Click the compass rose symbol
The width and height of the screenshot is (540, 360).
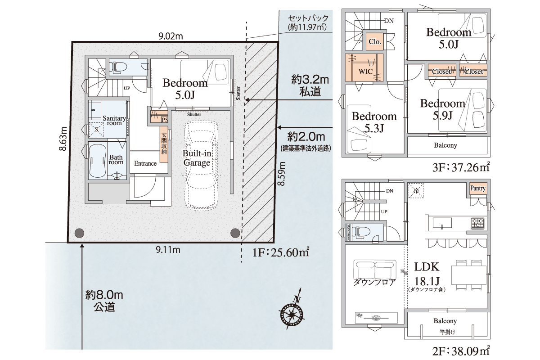click(x=292, y=315)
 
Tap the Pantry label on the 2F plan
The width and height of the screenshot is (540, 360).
click(x=477, y=188)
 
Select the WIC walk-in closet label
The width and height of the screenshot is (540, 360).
click(x=365, y=71)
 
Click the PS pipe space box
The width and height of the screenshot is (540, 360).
click(x=165, y=120)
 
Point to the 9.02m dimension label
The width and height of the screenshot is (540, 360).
click(x=171, y=36)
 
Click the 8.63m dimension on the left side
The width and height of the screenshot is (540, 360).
click(x=63, y=139)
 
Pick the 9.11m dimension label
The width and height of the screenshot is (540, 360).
click(x=168, y=250)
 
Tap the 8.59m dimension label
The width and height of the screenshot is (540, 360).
click(x=281, y=174)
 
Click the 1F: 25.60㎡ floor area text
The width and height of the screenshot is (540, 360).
click(x=281, y=252)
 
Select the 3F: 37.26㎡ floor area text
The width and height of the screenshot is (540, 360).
click(x=461, y=167)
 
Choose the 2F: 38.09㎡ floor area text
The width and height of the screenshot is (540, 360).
click(x=461, y=351)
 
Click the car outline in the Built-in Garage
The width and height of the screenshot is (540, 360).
click(x=201, y=166)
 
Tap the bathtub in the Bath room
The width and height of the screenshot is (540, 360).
click(x=97, y=161)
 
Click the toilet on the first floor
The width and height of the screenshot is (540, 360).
click(x=118, y=66)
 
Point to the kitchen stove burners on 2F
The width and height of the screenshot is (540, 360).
click(x=477, y=224)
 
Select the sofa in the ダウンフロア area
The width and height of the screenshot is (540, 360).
click(x=374, y=270)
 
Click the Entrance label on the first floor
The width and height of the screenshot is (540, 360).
click(x=145, y=163)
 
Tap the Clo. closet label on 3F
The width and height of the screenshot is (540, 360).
click(x=374, y=41)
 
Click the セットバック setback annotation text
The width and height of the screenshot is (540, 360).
click(x=308, y=22)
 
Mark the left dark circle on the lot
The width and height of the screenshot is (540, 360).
click(x=80, y=233)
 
